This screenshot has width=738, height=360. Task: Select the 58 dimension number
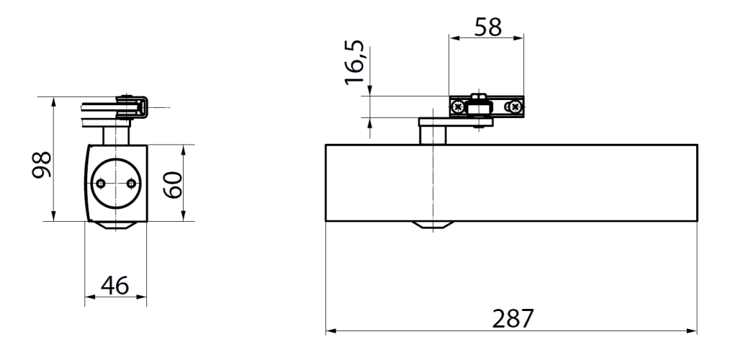click(486, 27)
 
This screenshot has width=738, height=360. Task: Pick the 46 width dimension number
click(114, 286)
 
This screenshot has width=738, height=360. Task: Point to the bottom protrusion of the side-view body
click(115, 225)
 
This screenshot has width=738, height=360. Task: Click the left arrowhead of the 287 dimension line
click(330, 332)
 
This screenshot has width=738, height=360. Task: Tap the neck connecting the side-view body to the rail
click(115, 134)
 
